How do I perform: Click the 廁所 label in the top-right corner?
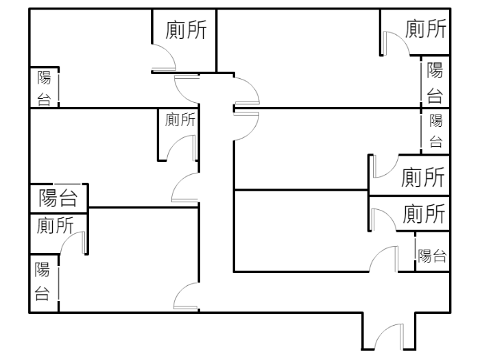coord(426,29)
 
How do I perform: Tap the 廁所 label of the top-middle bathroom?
coord(187,31)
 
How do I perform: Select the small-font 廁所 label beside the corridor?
coord(180,121)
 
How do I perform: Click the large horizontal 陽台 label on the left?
coord(58,198)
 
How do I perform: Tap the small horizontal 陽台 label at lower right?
coord(433,256)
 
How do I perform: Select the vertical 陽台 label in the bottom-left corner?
coord(43,281)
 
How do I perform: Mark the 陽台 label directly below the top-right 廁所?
coord(435,82)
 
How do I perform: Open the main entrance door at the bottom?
coord(389,337)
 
